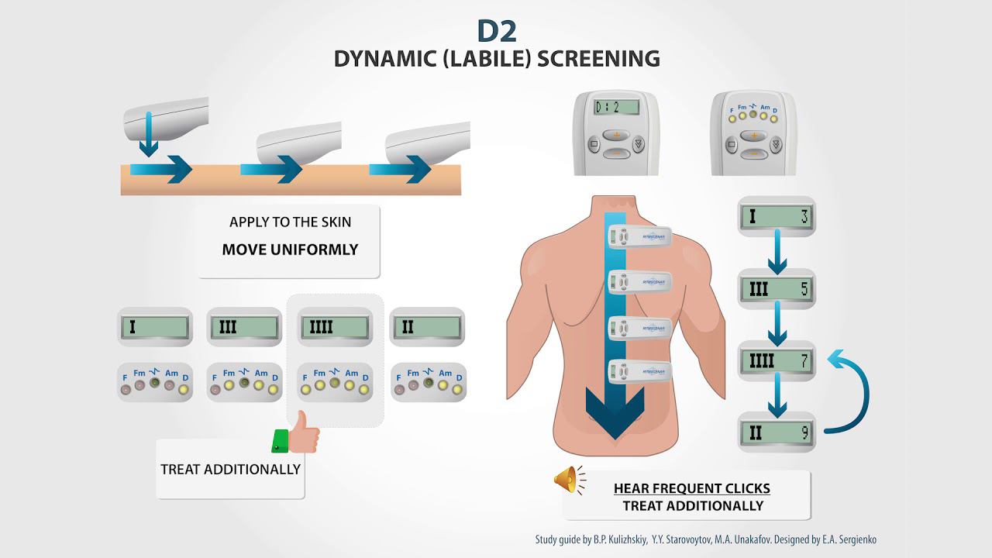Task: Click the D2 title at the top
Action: coord(496,30)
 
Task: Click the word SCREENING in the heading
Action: coord(598,59)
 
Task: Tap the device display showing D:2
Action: coord(616,107)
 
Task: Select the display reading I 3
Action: coord(776,216)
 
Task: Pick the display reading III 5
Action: coord(776,290)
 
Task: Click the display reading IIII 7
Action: coord(776,361)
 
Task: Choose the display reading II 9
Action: coord(776,432)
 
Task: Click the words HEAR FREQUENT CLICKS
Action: coord(691,488)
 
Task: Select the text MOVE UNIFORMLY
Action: coord(290,250)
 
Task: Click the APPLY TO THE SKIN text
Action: coord(290,222)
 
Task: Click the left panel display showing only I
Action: coord(154,327)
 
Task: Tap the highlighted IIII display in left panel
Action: coord(335,326)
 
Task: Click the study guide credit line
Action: coord(705,539)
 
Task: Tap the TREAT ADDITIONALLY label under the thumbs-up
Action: coord(230,469)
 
